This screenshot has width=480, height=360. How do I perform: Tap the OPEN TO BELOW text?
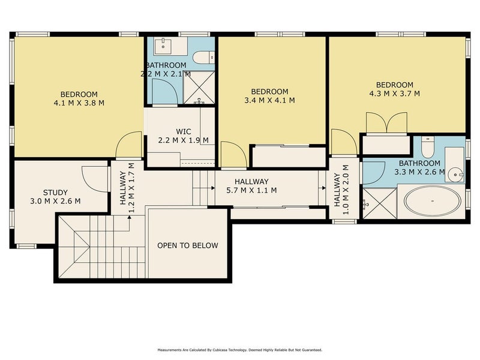tap(187, 245)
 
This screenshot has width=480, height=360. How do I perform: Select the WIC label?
tap(184, 131)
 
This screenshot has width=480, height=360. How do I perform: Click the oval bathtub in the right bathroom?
tap(432, 201)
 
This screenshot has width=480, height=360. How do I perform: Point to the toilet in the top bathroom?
tap(203, 57)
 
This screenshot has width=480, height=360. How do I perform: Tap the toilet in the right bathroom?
tap(427, 147)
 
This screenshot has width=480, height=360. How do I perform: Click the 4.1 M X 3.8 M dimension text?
tap(79, 103)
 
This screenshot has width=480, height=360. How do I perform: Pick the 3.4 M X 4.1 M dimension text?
tap(269, 100)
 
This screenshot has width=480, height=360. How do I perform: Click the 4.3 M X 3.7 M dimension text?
tap(394, 94)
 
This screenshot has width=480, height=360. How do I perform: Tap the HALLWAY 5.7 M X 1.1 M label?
tap(251, 186)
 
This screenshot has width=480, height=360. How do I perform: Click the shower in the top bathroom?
tap(199, 86)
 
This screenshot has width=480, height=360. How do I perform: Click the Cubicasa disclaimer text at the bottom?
tap(240, 350)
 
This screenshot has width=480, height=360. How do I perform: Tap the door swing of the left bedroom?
tap(128, 146)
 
